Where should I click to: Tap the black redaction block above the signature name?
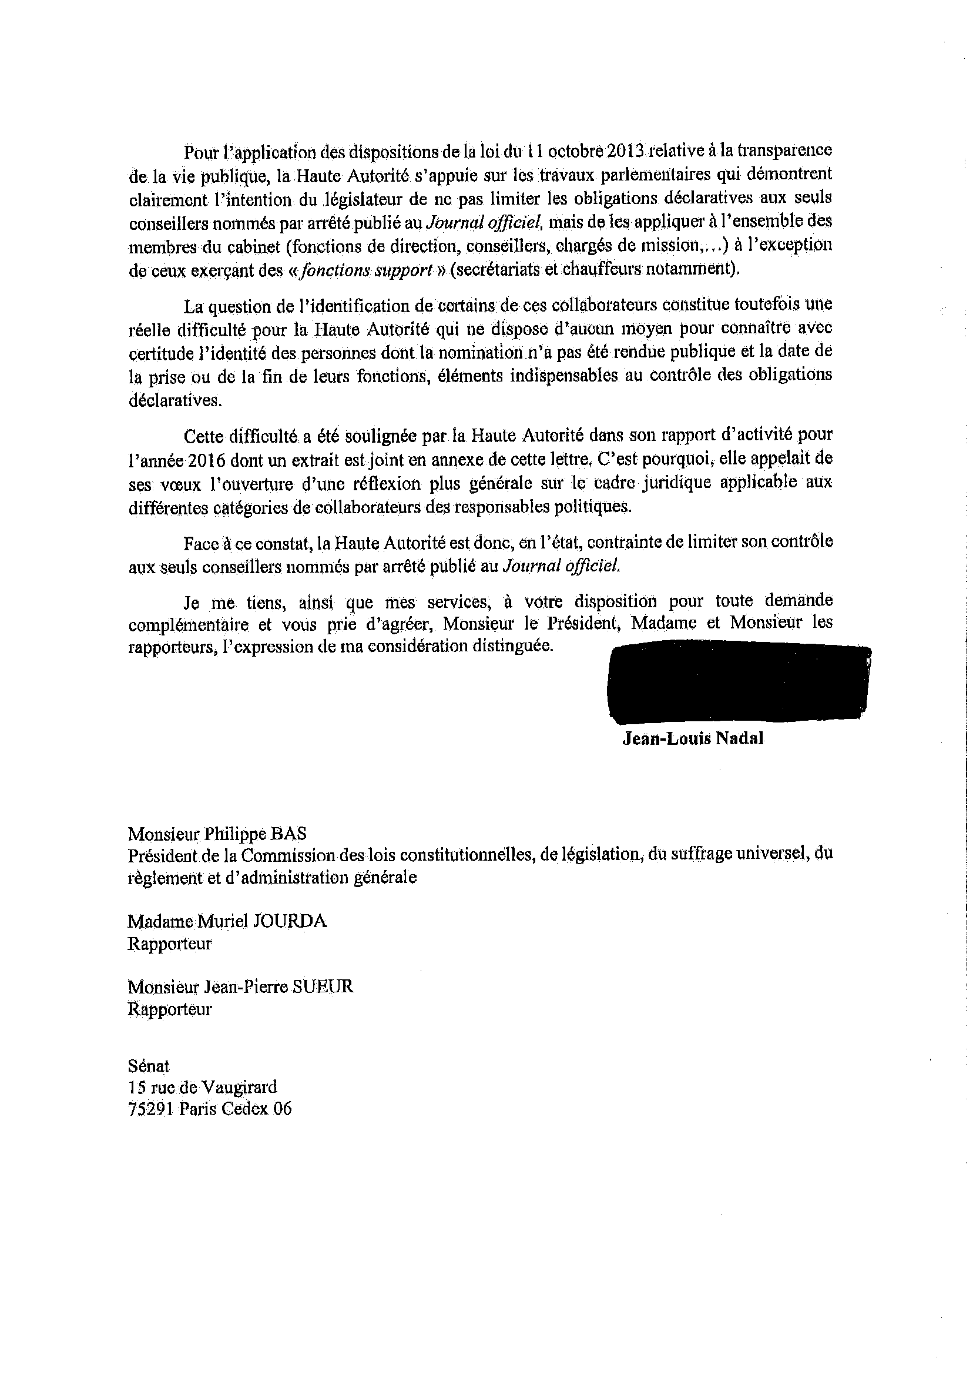coord(739,683)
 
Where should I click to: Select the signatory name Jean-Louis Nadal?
coord(693,738)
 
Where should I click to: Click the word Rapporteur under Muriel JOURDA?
coord(170,944)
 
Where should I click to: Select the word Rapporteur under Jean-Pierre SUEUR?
coord(170,1009)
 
